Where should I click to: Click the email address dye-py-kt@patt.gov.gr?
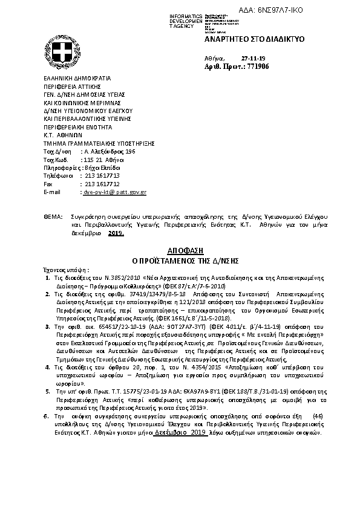[114, 192]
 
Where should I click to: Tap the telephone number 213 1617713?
[102, 175]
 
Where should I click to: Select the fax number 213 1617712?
[102, 183]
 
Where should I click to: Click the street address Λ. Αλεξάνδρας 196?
[109, 151]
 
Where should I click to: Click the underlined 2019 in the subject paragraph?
[115, 233]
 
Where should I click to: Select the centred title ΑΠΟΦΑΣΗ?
[180, 250]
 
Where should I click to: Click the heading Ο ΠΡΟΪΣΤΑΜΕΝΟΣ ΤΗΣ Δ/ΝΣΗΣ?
[180, 260]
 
